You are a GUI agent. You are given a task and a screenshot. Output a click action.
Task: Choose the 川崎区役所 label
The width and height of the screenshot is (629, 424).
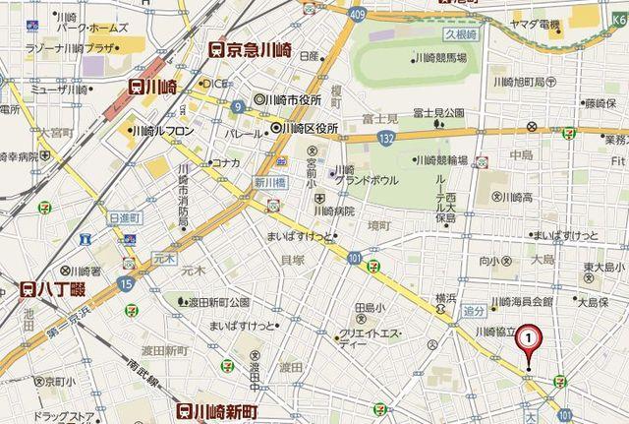tap(305, 129)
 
